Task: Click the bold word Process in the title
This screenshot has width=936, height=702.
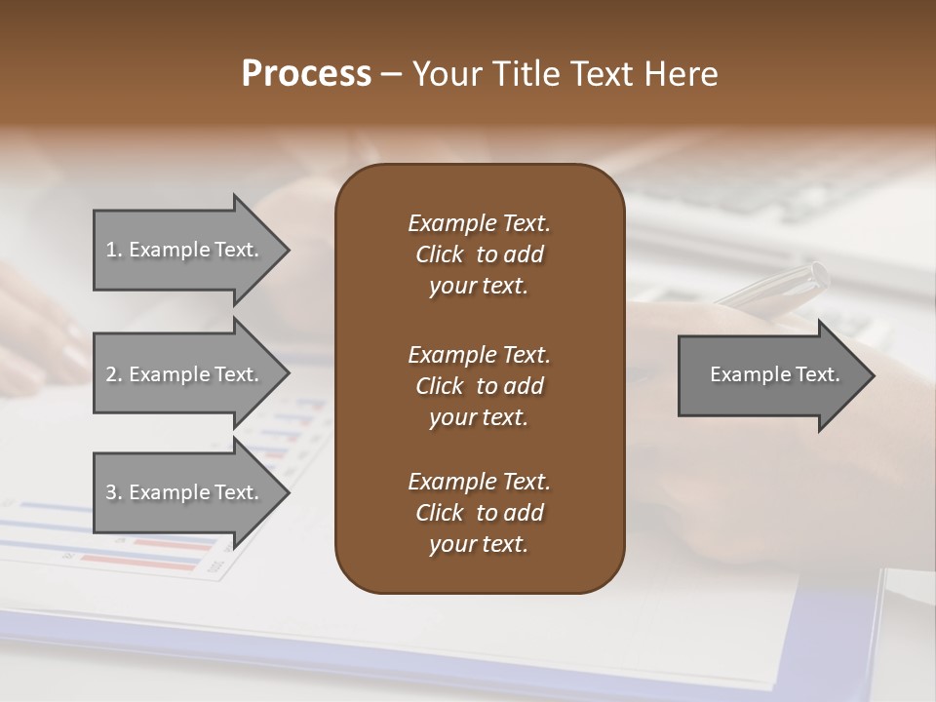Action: pos(306,74)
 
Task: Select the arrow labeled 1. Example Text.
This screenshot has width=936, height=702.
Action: pos(185,250)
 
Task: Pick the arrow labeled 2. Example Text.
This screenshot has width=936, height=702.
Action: pos(185,374)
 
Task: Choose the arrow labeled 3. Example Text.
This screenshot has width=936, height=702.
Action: pos(185,492)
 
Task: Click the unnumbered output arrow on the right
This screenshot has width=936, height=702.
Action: pos(770,375)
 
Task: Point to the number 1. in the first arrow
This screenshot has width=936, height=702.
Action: pos(114,250)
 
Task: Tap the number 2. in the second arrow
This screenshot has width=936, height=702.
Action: pos(114,374)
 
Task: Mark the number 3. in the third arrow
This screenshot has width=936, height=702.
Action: pos(114,492)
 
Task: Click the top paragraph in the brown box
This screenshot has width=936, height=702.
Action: pos(479,254)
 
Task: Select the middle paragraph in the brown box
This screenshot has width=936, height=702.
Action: pos(479,386)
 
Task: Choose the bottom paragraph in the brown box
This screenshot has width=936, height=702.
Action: pos(479,513)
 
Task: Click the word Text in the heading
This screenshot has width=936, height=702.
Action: pos(604,74)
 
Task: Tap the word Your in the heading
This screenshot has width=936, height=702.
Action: pos(447,74)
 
